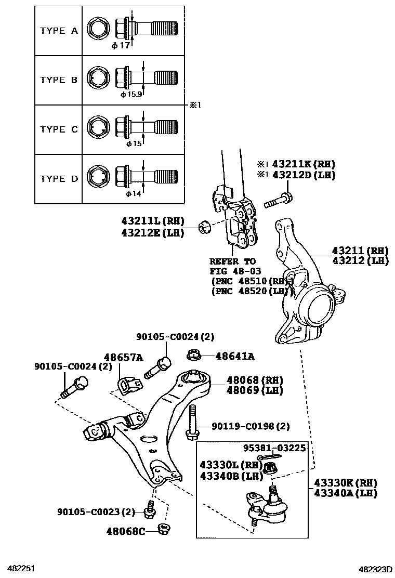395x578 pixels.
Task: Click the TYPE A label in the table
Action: click(x=59, y=31)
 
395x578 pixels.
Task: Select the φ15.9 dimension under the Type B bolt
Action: click(x=131, y=95)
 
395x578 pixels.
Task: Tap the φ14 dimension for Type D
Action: click(x=134, y=193)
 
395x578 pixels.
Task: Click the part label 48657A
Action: click(x=123, y=358)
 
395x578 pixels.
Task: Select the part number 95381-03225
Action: click(x=274, y=447)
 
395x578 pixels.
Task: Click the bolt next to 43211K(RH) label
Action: click(x=280, y=201)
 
